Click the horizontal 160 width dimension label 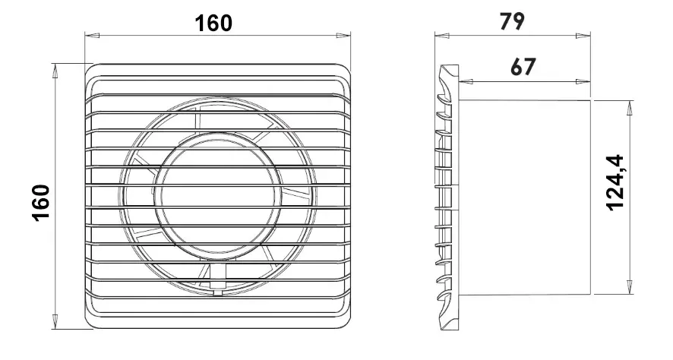pyautogui.click(x=213, y=24)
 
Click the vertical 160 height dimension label pyautogui.click(x=41, y=203)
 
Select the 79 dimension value pyautogui.click(x=512, y=21)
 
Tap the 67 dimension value pyautogui.click(x=523, y=67)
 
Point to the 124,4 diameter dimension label pyautogui.click(x=615, y=182)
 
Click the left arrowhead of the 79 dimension pyautogui.click(x=442, y=36)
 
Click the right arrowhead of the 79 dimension pyautogui.click(x=583, y=36)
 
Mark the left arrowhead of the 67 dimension pyautogui.click(x=466, y=81)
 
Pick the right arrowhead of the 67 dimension pyautogui.click(x=583, y=81)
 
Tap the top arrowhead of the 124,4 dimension pyautogui.click(x=630, y=108)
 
